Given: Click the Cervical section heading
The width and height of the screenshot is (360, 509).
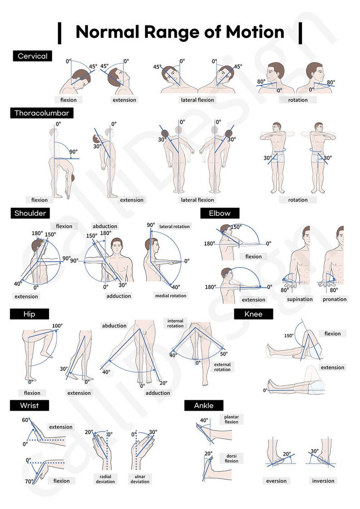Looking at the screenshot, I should point(32,56).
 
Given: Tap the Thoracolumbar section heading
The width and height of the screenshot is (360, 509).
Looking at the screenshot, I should point(42,113).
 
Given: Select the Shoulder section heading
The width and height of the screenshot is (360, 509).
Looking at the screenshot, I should point(30,213).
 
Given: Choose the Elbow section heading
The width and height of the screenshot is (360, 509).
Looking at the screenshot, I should point(219,213).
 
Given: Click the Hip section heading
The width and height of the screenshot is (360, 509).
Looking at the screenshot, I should point(29,314).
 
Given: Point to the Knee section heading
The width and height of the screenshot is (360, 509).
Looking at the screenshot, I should point(253,314).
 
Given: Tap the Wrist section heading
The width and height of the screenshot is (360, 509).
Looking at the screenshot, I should point(29,405).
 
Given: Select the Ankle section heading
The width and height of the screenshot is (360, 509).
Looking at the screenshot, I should point(203,405).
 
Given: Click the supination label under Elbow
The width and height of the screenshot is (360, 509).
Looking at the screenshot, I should point(300,299).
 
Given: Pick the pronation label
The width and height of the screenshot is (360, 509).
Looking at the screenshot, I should point(335,299).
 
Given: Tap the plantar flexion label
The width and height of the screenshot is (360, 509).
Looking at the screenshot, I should point(231,419).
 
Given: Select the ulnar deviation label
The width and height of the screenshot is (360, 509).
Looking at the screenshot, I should point(140,479).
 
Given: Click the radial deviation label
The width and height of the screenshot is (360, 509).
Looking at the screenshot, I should point(105,479).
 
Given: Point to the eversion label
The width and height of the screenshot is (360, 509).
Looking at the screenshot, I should point(277,481).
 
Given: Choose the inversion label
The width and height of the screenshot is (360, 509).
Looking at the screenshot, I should point(323,481).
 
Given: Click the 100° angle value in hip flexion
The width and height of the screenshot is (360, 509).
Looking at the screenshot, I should point(57,326).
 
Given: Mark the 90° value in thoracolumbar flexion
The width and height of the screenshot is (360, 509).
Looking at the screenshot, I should point(73,152).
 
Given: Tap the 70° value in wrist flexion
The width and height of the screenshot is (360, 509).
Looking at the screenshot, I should point(29,481).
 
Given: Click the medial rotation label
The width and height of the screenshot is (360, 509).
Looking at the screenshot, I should point(170,296).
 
